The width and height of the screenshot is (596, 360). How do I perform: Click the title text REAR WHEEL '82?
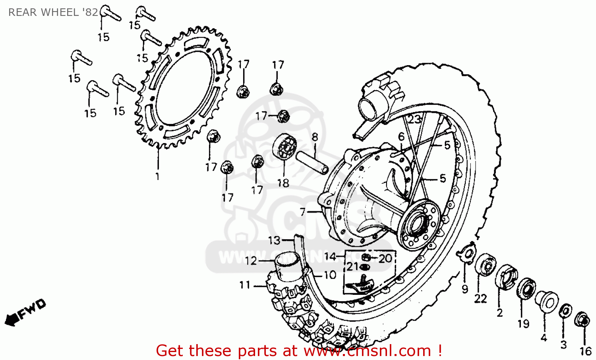[53, 12]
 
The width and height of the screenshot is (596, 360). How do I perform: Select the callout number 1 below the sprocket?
[157, 176]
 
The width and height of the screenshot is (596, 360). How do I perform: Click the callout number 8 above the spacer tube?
[315, 137]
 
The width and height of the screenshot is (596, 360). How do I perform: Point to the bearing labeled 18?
[285, 147]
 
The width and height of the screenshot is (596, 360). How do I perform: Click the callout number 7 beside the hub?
[303, 212]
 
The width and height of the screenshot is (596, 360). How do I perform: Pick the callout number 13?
[274, 240]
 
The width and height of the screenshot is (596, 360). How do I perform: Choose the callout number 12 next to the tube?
[251, 261]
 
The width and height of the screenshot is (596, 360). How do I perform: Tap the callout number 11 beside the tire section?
[245, 285]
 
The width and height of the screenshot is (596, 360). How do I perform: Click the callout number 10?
[330, 275]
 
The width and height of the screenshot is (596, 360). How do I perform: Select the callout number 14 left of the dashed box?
[330, 257]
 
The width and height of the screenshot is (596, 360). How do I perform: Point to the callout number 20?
[385, 259]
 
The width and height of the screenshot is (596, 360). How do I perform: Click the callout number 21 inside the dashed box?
[352, 267]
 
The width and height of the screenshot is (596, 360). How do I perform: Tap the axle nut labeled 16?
[582, 319]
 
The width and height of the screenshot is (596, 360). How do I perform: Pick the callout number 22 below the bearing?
[480, 298]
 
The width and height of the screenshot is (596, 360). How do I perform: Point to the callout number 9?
[465, 289]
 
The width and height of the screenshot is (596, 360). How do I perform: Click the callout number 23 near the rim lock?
[414, 119]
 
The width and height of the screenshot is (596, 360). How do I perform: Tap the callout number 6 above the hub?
[401, 137]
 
